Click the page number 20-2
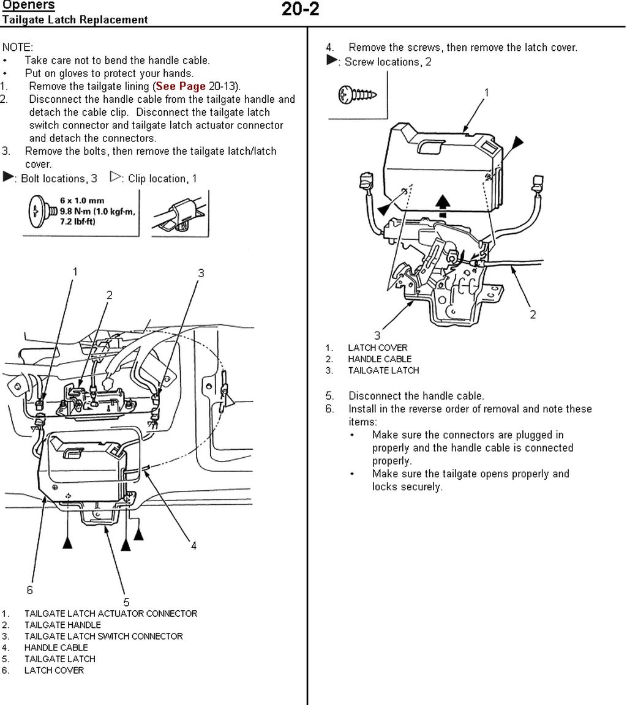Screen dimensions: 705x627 click(300, 10)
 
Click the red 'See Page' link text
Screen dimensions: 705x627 click(181, 86)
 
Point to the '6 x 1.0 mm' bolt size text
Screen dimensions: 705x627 click(82, 201)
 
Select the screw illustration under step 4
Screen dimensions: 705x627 click(357, 95)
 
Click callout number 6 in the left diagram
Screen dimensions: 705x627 click(29, 590)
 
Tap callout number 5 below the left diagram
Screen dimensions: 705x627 click(127, 602)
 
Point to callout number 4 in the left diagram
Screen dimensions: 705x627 click(193, 545)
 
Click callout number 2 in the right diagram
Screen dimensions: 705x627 click(533, 315)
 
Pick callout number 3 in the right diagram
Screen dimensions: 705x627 click(377, 335)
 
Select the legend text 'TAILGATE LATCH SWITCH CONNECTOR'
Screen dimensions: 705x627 click(103, 636)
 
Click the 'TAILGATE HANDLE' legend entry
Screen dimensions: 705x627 click(62, 625)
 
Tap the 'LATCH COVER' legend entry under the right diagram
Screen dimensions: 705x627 click(377, 348)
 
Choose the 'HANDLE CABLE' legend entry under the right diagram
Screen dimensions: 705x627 click(380, 359)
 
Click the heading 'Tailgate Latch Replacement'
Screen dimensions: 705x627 click(74, 20)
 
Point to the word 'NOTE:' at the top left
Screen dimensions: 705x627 click(18, 47)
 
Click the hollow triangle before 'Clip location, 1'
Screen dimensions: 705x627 click(115, 177)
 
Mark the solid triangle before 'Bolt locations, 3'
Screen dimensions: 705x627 click(9, 177)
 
